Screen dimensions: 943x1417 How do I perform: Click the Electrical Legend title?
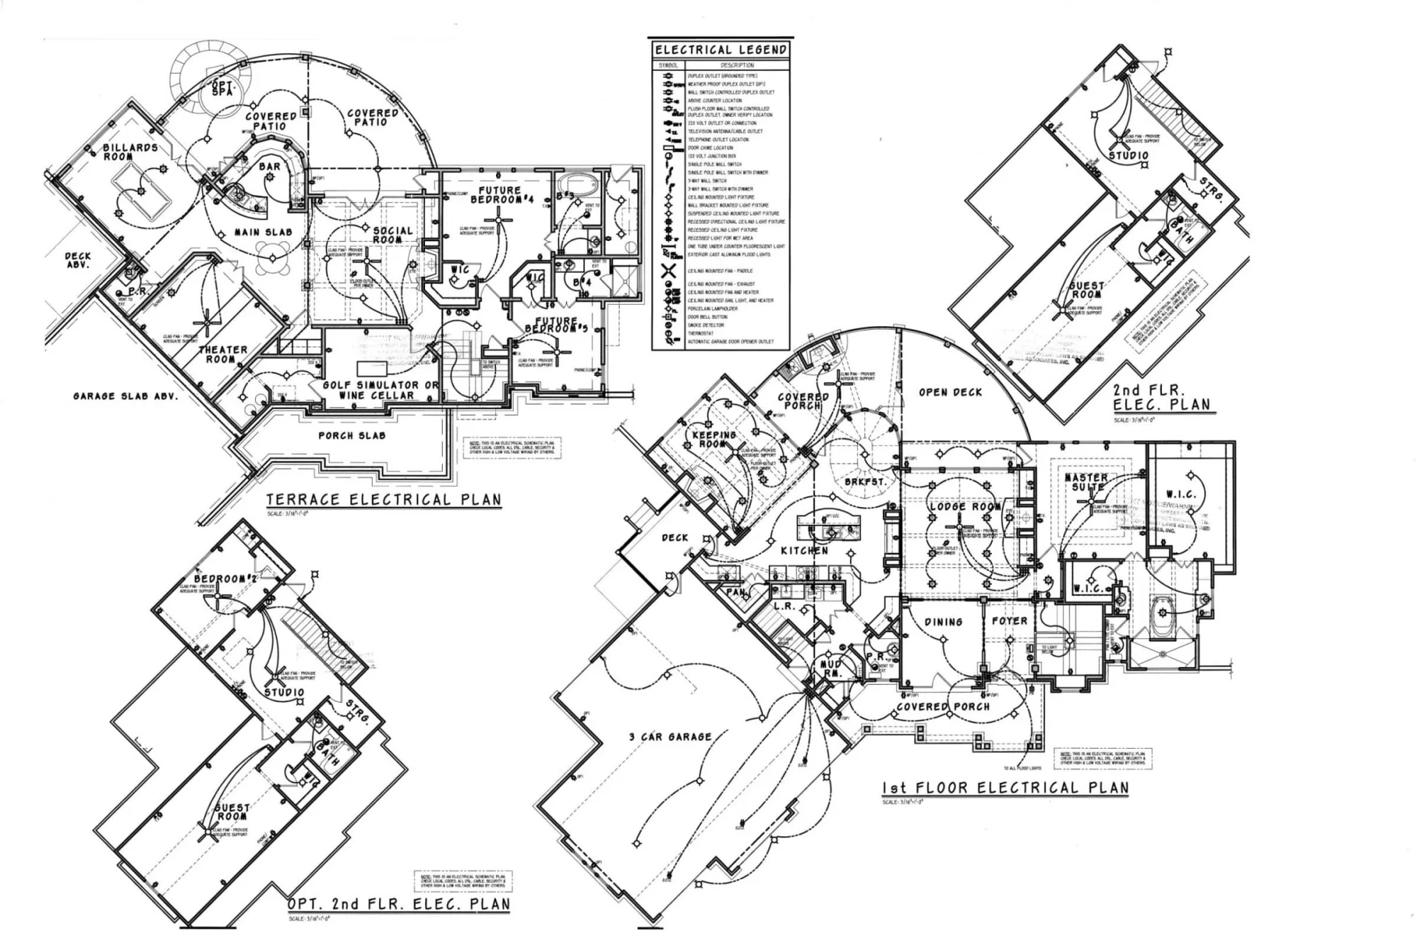(x=721, y=50)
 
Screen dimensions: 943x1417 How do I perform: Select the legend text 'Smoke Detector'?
(x=706, y=325)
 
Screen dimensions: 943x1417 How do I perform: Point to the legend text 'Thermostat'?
(x=701, y=333)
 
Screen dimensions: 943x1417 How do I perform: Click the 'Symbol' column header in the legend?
(x=668, y=65)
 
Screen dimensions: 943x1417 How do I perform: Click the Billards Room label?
(x=130, y=152)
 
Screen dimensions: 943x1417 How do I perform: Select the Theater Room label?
(x=222, y=354)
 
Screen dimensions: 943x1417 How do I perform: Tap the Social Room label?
(x=393, y=235)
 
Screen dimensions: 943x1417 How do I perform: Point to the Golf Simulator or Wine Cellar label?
(x=380, y=390)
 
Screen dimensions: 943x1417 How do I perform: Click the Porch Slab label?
(x=351, y=435)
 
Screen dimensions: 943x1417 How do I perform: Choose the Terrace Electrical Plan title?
(x=383, y=499)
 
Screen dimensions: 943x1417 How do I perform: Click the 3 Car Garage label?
(x=670, y=737)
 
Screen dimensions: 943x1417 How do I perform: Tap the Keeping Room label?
(x=713, y=439)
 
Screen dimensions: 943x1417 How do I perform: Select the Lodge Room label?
(x=965, y=507)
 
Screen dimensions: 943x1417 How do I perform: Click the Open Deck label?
(x=950, y=392)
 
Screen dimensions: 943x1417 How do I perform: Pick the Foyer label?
(x=1009, y=621)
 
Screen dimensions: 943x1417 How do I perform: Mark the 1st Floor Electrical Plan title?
(x=1005, y=788)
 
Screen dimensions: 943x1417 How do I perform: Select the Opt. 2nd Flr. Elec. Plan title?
(x=398, y=904)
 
